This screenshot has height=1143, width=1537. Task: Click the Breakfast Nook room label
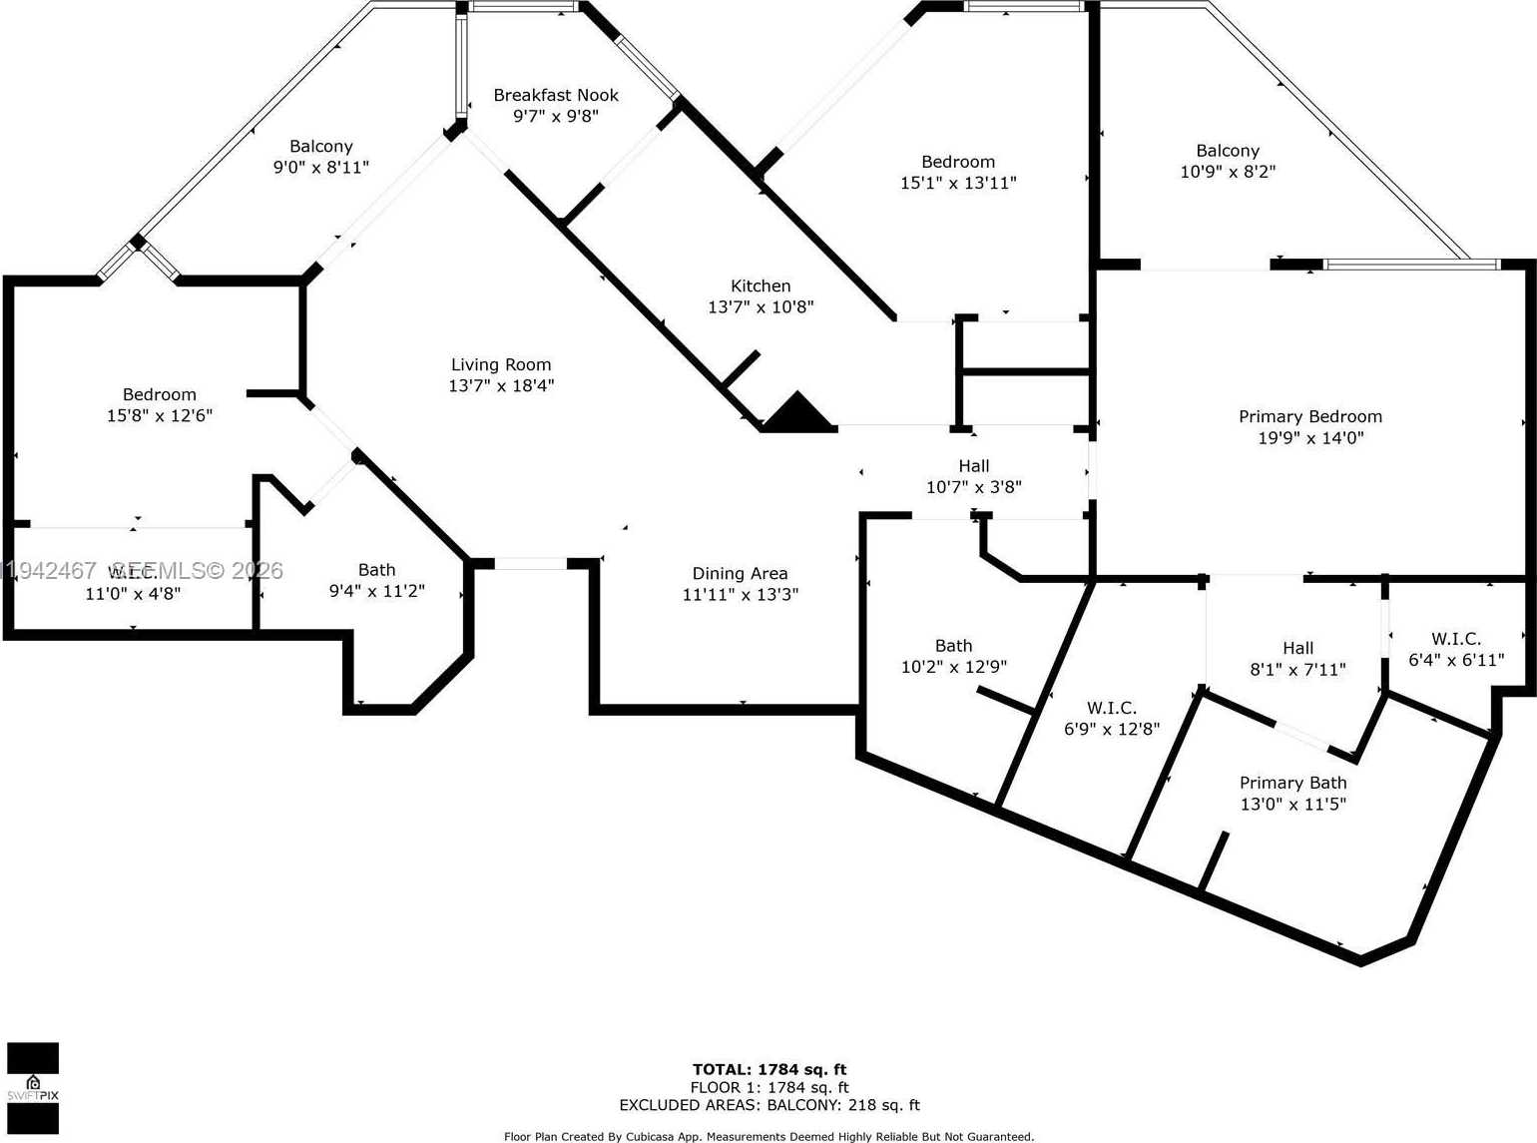556,95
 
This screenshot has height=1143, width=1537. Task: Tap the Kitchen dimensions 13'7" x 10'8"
761,307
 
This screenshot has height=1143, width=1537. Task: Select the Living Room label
501,364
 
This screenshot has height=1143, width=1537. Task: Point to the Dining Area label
740,573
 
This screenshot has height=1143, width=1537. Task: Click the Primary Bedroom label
1309,416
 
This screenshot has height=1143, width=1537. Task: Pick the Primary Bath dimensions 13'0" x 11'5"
1292,805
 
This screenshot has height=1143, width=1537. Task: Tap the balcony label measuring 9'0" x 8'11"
320,146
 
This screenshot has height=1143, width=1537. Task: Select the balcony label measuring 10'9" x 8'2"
1227,151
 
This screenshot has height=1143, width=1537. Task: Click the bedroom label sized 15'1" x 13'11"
957,162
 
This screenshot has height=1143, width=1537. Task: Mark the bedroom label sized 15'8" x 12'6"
160,394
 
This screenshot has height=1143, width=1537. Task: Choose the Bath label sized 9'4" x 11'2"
376,570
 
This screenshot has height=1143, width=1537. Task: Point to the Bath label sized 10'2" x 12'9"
953,646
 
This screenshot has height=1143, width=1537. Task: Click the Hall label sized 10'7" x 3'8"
973,466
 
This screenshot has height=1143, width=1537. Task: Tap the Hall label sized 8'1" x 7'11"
1297,648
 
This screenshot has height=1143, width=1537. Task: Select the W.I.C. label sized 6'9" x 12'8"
1111,708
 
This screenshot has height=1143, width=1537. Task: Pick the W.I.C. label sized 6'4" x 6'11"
1455,639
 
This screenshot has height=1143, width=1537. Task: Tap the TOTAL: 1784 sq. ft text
768,1069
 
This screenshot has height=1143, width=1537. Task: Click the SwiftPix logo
33,1088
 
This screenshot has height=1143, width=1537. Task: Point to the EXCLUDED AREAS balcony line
768,1105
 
